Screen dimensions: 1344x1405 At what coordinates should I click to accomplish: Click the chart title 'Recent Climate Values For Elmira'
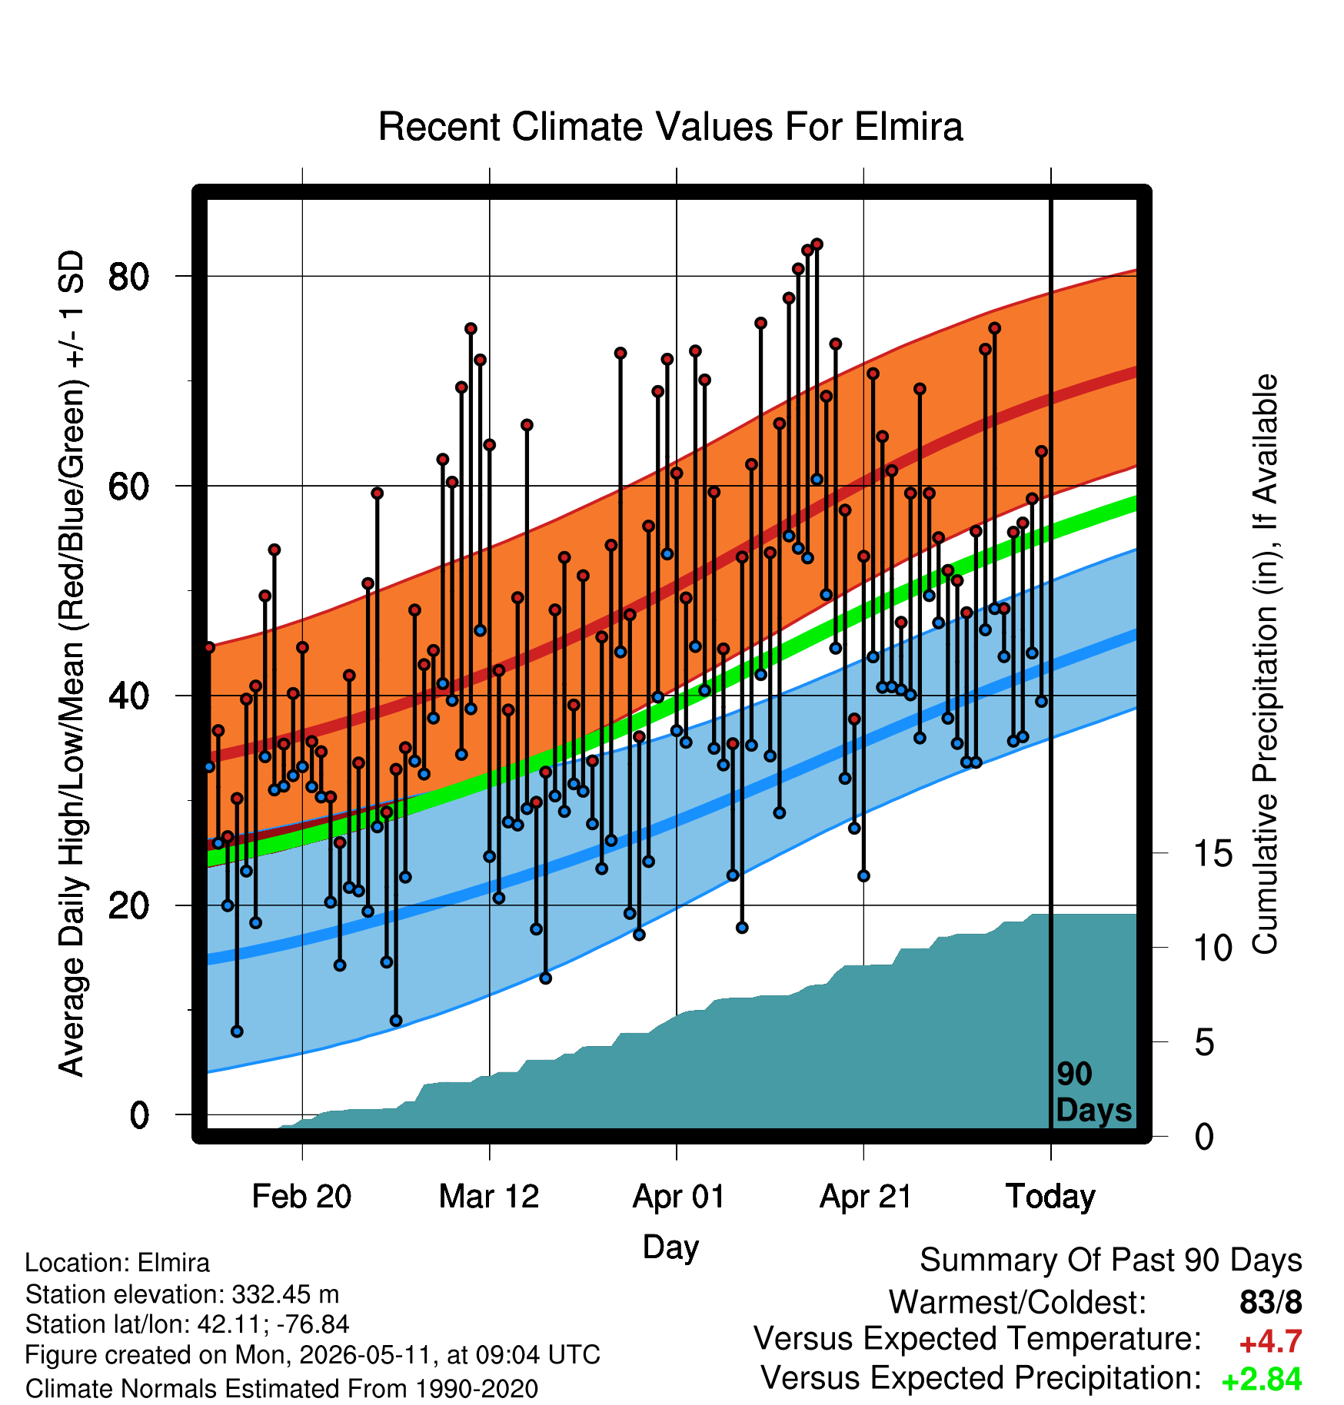(670, 127)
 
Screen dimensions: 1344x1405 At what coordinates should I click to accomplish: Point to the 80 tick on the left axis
(129, 276)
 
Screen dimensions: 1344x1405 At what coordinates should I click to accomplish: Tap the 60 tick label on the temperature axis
(129, 486)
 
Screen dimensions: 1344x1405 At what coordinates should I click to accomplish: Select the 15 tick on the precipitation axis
(1213, 853)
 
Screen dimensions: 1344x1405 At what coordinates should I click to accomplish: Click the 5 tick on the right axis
(1205, 1042)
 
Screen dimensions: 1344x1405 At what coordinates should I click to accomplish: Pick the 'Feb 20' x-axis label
(301, 1196)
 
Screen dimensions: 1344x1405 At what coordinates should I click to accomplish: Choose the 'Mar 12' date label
(489, 1196)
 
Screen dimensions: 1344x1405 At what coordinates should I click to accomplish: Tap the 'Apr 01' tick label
(678, 1196)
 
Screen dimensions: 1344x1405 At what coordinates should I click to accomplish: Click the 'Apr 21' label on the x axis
(865, 1196)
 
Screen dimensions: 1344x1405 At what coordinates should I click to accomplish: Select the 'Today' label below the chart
(1050, 1196)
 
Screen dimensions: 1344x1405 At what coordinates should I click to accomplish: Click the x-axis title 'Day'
(670, 1247)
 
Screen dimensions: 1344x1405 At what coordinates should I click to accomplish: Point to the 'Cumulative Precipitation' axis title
(1266, 665)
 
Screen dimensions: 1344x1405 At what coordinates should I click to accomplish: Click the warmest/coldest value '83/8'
(1271, 1302)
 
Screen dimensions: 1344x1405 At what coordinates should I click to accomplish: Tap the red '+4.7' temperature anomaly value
(1270, 1341)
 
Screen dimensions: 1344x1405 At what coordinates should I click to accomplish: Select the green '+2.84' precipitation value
(1262, 1380)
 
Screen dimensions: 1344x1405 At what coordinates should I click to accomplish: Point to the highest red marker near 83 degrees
(817, 244)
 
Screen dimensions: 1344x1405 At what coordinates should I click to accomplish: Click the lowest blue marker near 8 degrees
(237, 1031)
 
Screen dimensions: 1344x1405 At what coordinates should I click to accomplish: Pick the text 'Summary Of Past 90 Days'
(1111, 1261)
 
